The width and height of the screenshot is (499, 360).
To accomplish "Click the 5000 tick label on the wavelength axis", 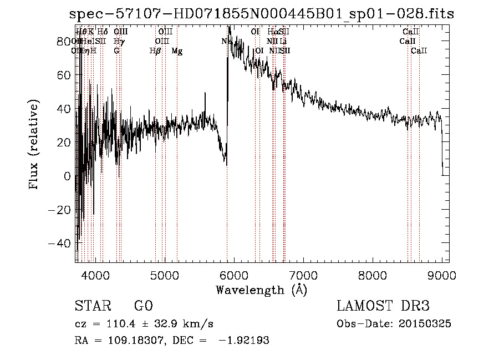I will click(164, 275).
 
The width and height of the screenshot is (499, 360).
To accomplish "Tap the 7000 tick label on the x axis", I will click(303, 275).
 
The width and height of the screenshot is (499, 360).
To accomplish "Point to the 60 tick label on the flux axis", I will click(64, 75).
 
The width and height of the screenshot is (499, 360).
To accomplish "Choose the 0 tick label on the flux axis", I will click(68, 176).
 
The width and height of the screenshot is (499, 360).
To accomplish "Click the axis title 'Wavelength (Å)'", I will click(261, 290).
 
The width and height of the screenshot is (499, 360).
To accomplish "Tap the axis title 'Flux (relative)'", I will click(35, 145).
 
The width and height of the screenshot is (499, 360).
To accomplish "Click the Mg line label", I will click(177, 51).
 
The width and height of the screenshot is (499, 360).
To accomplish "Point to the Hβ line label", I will click(155, 51).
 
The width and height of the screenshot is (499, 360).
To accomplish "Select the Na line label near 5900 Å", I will click(226, 41).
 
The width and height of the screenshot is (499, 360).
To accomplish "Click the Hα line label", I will click(273, 32).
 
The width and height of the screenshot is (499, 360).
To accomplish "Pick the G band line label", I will click(116, 51).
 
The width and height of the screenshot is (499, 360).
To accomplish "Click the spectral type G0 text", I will click(144, 306).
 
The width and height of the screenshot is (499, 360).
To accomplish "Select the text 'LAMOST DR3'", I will click(383, 306).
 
